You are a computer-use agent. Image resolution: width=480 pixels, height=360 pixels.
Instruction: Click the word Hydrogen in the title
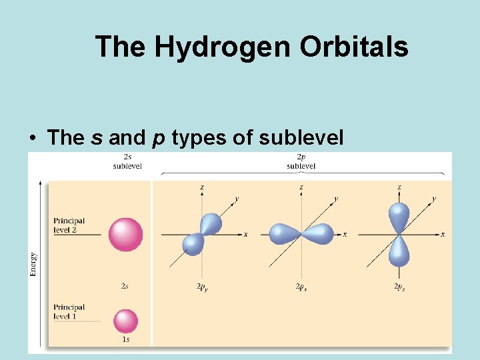[222, 47]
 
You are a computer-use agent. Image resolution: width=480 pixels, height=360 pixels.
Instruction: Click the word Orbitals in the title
[354, 47]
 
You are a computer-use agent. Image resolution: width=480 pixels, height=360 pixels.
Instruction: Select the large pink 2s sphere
[125, 234]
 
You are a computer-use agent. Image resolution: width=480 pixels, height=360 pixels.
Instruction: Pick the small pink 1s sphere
[125, 321]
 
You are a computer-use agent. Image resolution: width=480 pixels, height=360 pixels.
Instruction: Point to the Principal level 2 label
[69, 225]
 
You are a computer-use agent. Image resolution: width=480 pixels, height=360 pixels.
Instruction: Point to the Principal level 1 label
[69, 311]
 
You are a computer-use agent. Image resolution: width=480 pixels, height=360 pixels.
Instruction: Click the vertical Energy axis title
[33, 263]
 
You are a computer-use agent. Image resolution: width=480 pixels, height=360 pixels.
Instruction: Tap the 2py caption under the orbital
[203, 287]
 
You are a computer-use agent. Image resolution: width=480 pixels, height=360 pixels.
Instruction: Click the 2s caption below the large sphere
[125, 286]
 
